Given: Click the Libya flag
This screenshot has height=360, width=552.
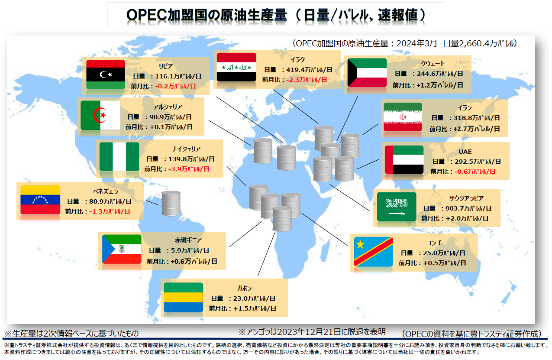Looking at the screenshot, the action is [x=106, y=75].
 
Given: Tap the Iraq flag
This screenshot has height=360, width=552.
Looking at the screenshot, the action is [x=236, y=67].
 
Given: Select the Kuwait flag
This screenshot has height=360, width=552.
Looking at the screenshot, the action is [x=367, y=73].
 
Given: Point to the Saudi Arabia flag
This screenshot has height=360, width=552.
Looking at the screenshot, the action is [x=397, y=207].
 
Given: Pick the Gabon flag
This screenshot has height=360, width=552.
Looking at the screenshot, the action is [x=183, y=297].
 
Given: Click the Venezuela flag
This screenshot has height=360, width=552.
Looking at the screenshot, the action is [x=40, y=200].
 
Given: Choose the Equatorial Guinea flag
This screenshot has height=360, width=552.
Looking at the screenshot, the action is [x=122, y=249].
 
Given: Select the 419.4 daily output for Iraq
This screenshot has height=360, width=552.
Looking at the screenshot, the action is [x=295, y=70].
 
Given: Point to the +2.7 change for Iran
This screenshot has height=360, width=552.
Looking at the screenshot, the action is [x=460, y=129].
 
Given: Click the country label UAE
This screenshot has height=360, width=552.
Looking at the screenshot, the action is [x=465, y=152].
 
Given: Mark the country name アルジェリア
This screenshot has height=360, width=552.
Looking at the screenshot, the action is [x=168, y=107].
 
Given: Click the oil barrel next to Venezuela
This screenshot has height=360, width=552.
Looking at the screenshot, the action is [x=171, y=204].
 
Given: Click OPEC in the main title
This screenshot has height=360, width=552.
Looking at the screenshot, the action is [x=147, y=15].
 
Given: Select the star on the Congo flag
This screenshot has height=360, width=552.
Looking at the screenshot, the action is [x=360, y=244].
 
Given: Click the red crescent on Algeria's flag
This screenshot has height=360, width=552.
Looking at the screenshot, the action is [x=99, y=115].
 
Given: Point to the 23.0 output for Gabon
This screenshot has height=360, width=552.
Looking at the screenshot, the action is [x=240, y=298].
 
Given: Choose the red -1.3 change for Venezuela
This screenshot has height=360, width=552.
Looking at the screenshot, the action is [x=95, y=211].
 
